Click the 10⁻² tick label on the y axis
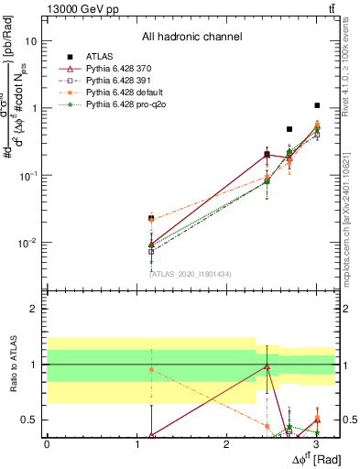pyautogui.click(x=27, y=243)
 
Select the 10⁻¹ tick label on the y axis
pyautogui.click(x=27, y=176)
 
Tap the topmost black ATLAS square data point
pyautogui.click(x=317, y=105)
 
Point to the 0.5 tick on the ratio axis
pyautogui.click(x=29, y=420)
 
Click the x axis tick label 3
pyautogui.click(x=316, y=443)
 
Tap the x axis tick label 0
pyautogui.click(x=47, y=443)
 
